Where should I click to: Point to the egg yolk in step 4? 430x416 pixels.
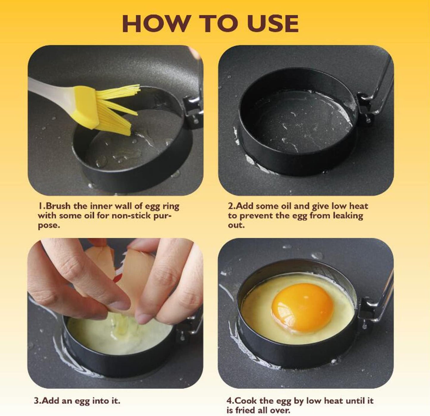(x=302, y=306)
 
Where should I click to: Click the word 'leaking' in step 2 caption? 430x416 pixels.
(x=348, y=215)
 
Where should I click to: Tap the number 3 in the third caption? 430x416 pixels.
(x=36, y=401)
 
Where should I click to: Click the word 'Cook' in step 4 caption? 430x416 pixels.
(x=247, y=401)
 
